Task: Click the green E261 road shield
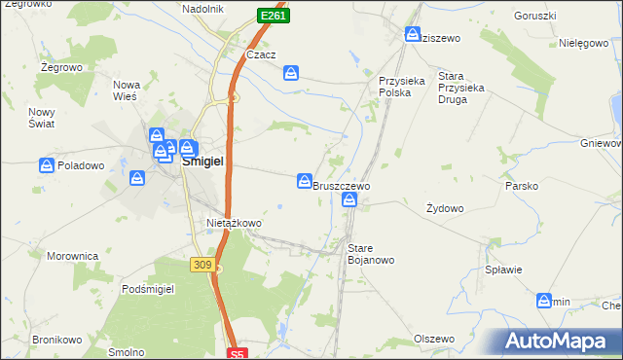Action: coord(274,17)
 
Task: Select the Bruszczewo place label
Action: coord(341,185)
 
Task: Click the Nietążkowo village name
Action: coord(234,223)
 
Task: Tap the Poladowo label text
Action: coord(81,165)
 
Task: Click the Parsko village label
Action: coord(521,185)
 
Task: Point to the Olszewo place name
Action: coord(434,339)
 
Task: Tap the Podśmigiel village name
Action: coord(147,290)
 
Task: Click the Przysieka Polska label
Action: coord(402,88)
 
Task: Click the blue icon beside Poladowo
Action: coord(46,165)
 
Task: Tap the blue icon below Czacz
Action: coord(292,72)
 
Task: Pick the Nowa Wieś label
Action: coord(128,90)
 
